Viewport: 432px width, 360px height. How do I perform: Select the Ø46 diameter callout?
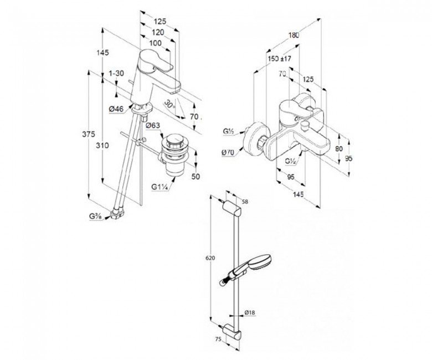(116, 109)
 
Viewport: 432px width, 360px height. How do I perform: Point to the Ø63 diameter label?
(153, 126)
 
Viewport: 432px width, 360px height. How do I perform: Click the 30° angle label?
(169, 104)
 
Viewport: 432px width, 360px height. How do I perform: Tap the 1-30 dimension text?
(116, 73)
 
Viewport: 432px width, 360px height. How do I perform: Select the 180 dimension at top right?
(294, 35)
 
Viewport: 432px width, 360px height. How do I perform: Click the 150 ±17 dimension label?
(279, 59)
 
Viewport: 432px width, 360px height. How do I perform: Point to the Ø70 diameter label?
(228, 152)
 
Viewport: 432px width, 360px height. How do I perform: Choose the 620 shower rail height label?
(210, 258)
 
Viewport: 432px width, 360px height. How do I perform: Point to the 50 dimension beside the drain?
(196, 177)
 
